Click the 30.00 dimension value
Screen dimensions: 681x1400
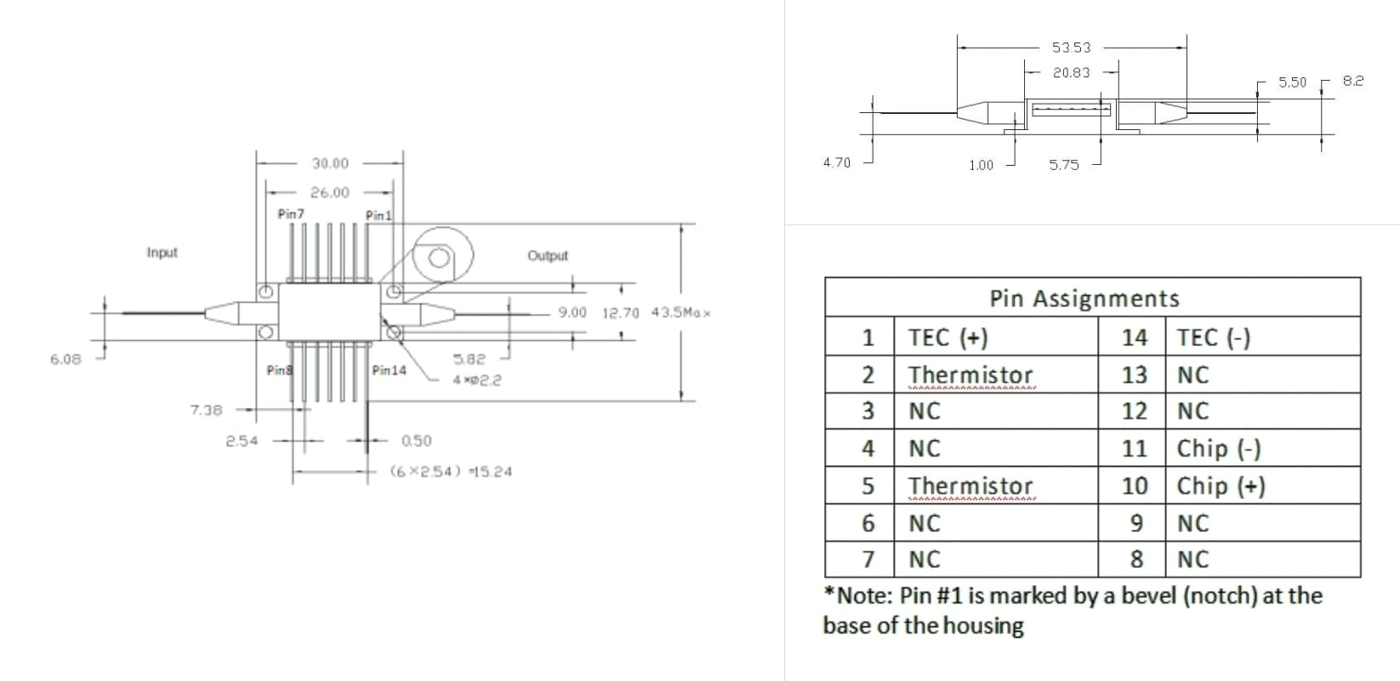[329, 163]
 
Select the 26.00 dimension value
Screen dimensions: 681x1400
[329, 193]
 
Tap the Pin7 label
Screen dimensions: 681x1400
[290, 214]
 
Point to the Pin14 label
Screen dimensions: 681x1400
[389, 371]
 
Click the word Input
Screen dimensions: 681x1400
[162, 253]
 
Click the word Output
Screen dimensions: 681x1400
[547, 256]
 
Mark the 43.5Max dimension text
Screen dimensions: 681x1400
[680, 312]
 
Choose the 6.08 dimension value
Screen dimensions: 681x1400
[65, 359]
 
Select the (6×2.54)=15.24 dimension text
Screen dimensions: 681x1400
[451, 471]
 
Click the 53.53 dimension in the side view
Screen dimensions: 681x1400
[1071, 48]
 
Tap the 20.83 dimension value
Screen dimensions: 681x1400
[1071, 73]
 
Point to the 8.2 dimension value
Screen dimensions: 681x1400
[1352, 81]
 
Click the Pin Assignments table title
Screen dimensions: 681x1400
[1084, 298]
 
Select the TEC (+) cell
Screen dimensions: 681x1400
[948, 338]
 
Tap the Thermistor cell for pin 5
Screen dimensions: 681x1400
[970, 486]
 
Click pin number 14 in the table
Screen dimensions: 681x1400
[1134, 338]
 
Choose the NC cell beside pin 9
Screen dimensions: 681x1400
[1192, 524]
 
